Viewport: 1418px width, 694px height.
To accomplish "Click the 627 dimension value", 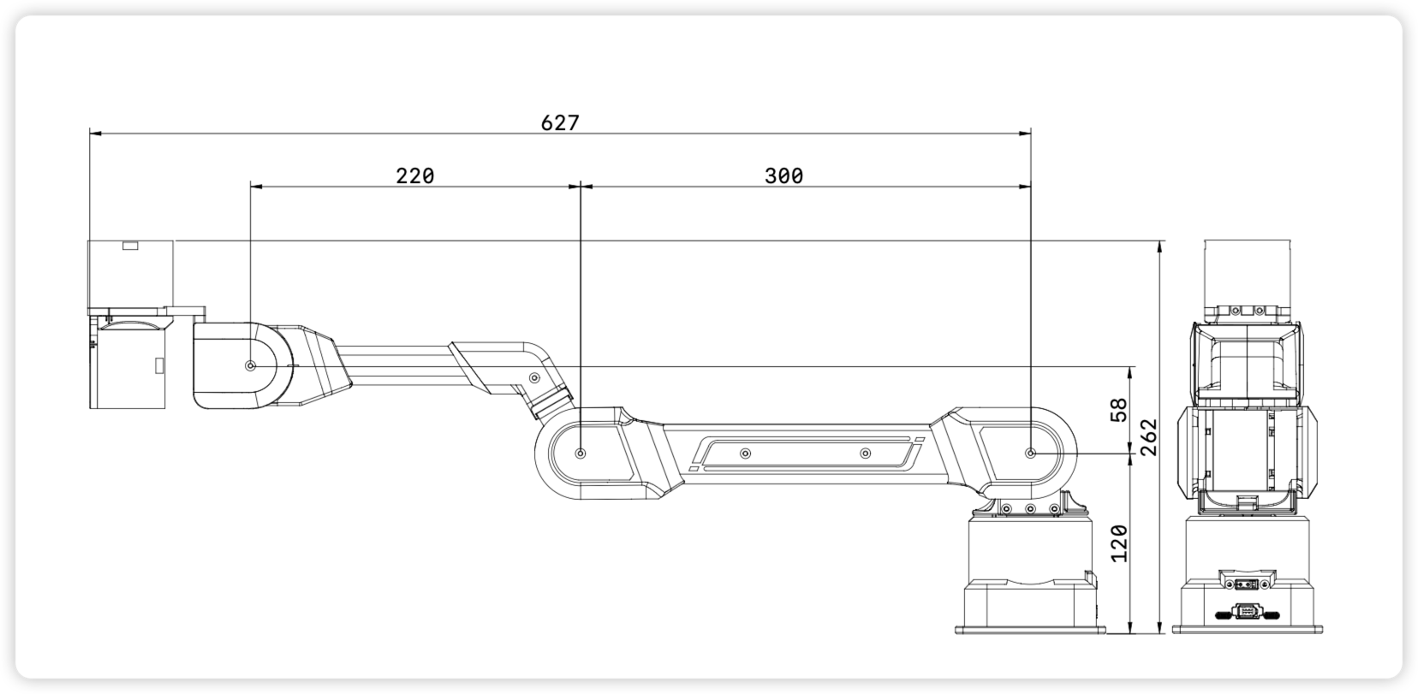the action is (x=560, y=122).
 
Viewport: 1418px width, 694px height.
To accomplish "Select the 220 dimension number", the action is (x=415, y=176).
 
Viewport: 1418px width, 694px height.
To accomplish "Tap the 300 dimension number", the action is (x=783, y=176).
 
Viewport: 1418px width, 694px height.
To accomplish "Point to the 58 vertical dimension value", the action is (x=1119, y=410).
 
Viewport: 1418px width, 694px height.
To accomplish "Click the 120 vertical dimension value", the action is (x=1119, y=543).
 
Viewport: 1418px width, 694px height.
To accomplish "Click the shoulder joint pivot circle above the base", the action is (x=1031, y=453).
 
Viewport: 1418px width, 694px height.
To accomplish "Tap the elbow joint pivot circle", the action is (x=581, y=453).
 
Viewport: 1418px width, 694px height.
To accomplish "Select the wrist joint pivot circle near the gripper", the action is (x=251, y=365).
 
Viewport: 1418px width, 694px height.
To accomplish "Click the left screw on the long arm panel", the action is (x=745, y=453).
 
